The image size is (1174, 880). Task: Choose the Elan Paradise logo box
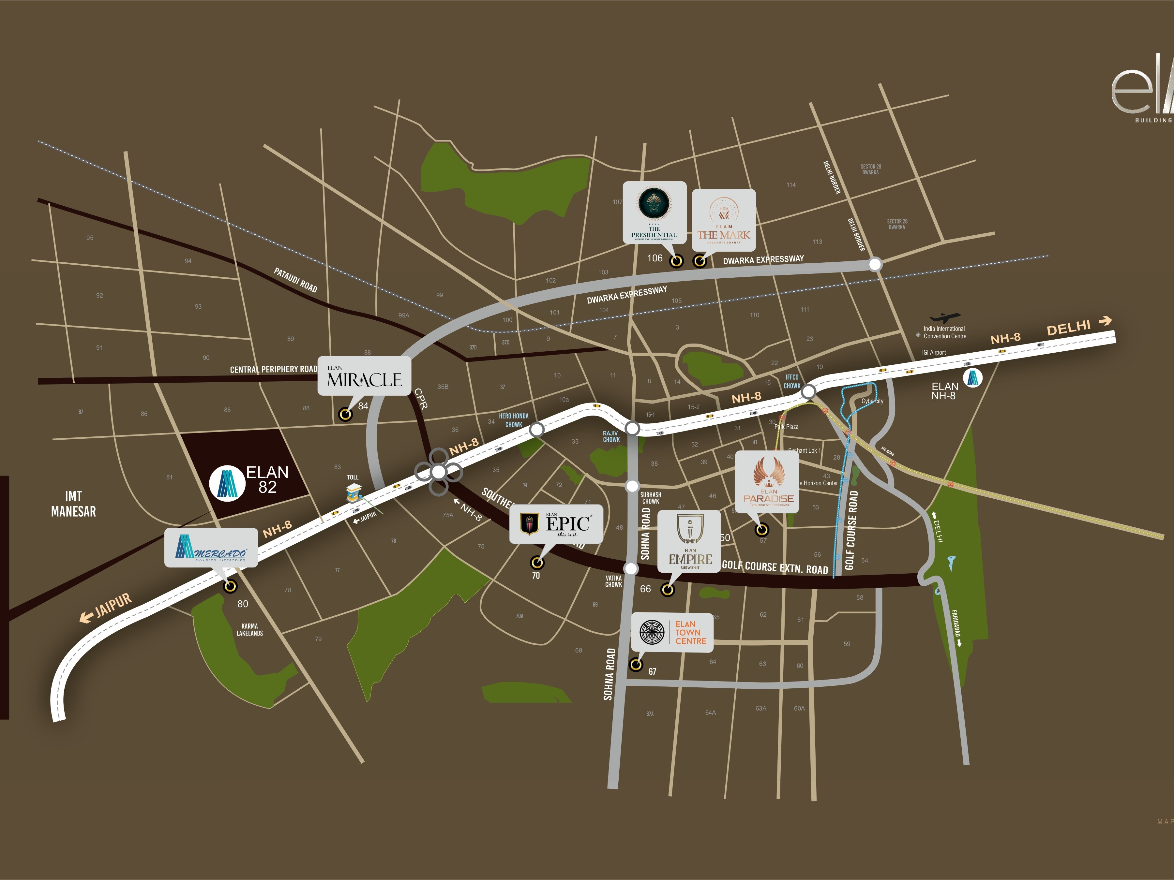click(767, 481)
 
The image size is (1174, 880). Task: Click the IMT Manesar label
click(73, 504)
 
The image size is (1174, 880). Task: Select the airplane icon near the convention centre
click(945, 318)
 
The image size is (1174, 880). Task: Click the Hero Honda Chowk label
click(513, 420)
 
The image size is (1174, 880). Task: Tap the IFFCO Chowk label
click(791, 381)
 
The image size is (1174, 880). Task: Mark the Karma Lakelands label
click(249, 630)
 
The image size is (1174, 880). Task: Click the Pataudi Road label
click(296, 280)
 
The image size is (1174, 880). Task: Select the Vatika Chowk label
click(613, 581)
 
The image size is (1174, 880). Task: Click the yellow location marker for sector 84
click(345, 414)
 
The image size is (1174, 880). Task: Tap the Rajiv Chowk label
click(611, 436)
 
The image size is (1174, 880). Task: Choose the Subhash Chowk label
click(650, 498)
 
